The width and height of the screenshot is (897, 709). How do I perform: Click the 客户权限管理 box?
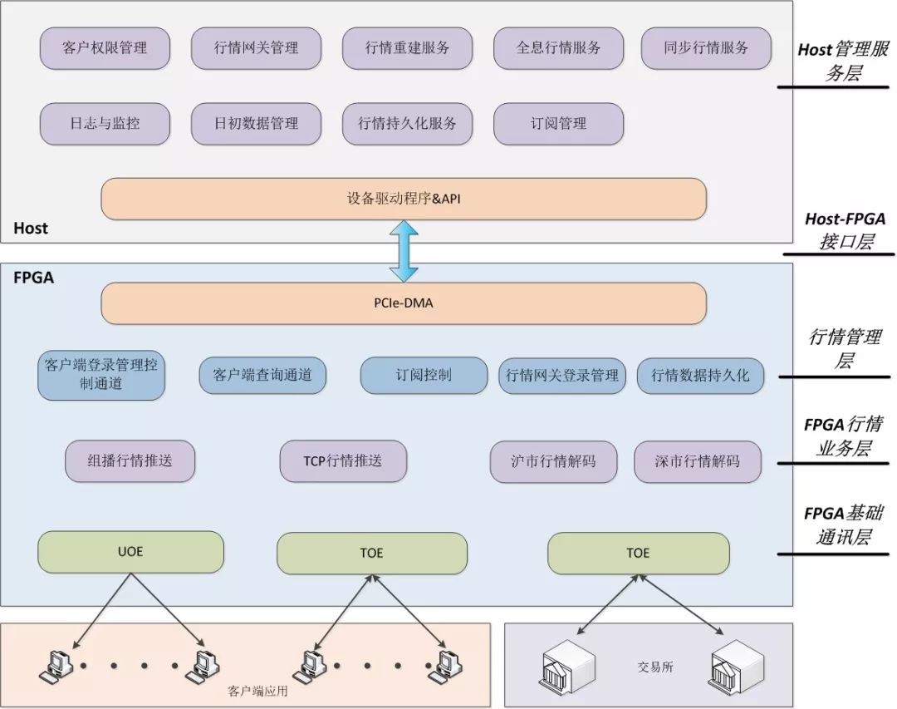coord(105,48)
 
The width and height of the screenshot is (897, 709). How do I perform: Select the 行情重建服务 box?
coord(407,48)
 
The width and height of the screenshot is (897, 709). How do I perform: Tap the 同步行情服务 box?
coord(706,48)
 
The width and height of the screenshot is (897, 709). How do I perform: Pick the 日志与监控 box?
coord(105,124)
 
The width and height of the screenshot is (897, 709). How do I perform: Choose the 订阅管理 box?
coord(558,124)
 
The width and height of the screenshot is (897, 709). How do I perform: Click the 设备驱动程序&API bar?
coord(404,199)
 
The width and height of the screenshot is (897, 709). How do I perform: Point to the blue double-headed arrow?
coord(404,251)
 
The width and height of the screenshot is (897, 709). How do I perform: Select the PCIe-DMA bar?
coord(404,303)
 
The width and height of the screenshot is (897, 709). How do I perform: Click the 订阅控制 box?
coord(424,376)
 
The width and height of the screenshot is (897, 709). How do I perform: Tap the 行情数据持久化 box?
coord(700,376)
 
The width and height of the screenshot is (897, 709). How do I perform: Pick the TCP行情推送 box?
coord(343,461)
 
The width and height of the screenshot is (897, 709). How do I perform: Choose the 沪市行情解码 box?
coord(553,461)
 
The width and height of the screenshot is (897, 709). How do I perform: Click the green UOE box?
coord(130,553)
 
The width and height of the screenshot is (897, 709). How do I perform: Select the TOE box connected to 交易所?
coord(638,554)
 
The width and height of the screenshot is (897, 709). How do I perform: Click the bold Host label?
coord(31,229)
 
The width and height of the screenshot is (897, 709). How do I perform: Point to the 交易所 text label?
coord(655,667)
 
